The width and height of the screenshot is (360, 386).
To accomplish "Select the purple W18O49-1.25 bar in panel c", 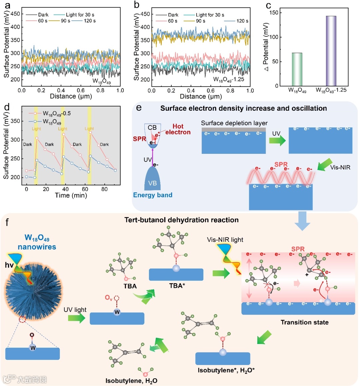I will [331, 51].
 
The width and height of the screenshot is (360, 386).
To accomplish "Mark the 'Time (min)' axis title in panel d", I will [71, 196].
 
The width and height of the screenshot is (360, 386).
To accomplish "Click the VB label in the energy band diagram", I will [152, 183].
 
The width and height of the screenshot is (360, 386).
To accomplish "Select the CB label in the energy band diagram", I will [152, 127].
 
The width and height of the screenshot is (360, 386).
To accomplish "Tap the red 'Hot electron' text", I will [178, 129].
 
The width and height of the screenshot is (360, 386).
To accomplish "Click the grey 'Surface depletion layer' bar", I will [234, 129].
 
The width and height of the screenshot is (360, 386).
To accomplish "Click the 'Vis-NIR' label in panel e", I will [340, 167].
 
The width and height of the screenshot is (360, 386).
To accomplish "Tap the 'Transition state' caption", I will [304, 322].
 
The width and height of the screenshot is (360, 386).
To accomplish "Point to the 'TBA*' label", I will [176, 286].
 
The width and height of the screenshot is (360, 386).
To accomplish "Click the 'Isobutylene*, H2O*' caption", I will [226, 370].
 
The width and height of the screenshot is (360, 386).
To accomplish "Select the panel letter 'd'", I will [6, 108].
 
